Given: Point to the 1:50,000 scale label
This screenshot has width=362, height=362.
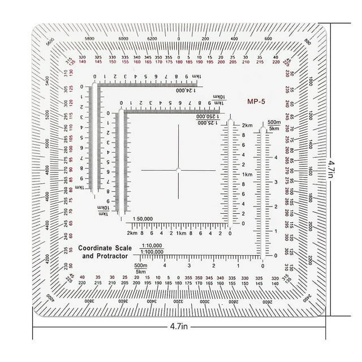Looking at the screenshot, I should (x=145, y=218).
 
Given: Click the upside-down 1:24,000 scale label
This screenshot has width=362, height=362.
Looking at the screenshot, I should (x=187, y=90).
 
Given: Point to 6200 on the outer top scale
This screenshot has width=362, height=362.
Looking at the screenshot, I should (x=152, y=38).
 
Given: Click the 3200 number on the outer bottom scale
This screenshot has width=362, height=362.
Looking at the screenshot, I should (x=178, y=303).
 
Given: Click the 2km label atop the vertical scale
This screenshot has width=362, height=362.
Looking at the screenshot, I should (x=247, y=124).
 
